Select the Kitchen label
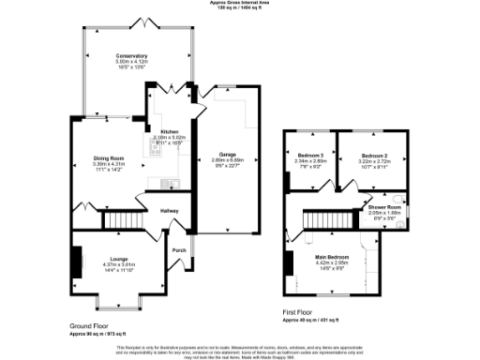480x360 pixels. [x=170, y=132]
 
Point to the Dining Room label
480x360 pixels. [x=108, y=157]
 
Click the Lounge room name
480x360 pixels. [x=118, y=258]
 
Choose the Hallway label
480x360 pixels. [x=169, y=211]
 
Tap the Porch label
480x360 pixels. [x=179, y=250]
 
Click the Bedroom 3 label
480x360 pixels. [x=310, y=155]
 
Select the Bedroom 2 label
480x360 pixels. [x=374, y=155]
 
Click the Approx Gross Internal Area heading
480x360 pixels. [x=240, y=4]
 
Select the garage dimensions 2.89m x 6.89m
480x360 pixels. [x=227, y=161]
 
